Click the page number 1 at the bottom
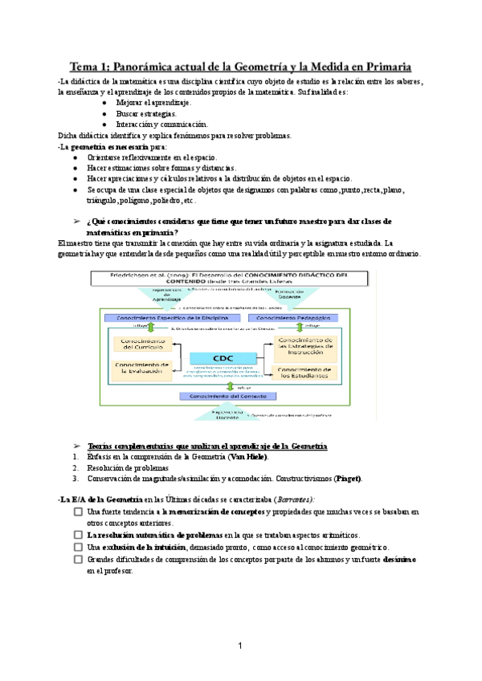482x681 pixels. (240, 646)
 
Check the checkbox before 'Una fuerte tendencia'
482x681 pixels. (78, 511)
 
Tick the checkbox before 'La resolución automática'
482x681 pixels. (78, 535)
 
